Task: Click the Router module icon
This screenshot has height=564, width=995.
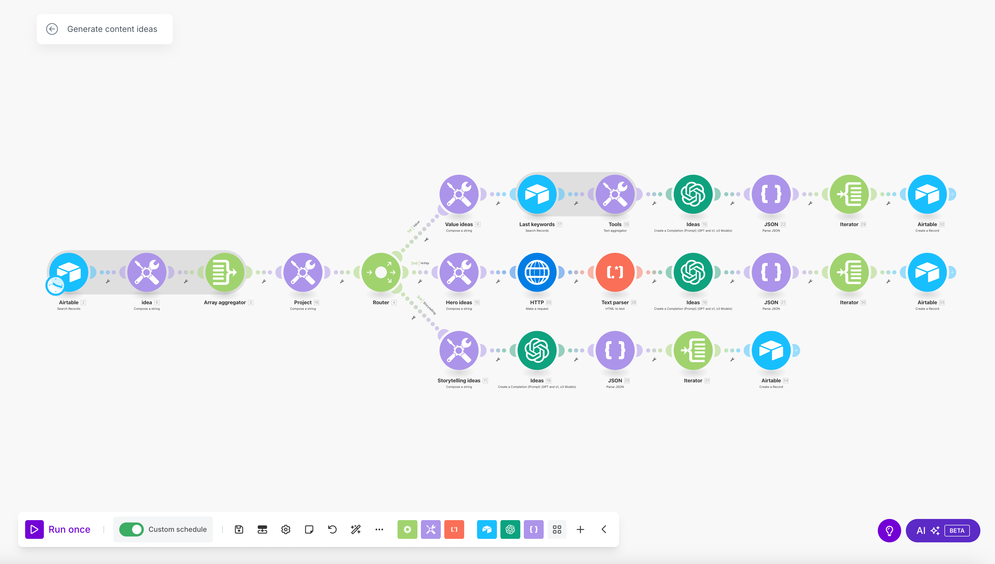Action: (x=381, y=272)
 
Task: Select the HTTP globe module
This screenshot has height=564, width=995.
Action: (x=537, y=272)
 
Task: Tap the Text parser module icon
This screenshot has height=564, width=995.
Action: (x=615, y=272)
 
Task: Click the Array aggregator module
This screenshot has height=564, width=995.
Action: (x=225, y=272)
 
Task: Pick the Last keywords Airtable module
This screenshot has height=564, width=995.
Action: (x=537, y=194)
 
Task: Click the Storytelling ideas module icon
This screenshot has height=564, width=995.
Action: (x=459, y=350)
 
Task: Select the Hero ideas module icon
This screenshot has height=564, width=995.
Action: (x=459, y=272)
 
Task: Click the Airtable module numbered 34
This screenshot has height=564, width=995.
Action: (x=771, y=350)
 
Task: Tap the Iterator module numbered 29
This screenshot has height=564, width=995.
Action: (x=849, y=194)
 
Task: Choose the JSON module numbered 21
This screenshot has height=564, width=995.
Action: (x=771, y=272)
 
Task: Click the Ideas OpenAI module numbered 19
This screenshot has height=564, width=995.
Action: (x=537, y=350)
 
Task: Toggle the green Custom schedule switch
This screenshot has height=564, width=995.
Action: (x=131, y=529)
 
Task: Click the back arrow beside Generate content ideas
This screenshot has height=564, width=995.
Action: (x=52, y=29)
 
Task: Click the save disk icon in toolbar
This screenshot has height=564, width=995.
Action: (x=239, y=529)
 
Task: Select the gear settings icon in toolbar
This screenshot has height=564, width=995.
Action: (x=286, y=529)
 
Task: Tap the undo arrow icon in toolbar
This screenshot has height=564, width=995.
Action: (x=332, y=529)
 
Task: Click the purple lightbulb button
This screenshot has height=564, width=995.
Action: (x=889, y=530)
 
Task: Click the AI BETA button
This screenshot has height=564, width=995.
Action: (x=942, y=530)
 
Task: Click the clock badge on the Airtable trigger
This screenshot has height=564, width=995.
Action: (x=55, y=286)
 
